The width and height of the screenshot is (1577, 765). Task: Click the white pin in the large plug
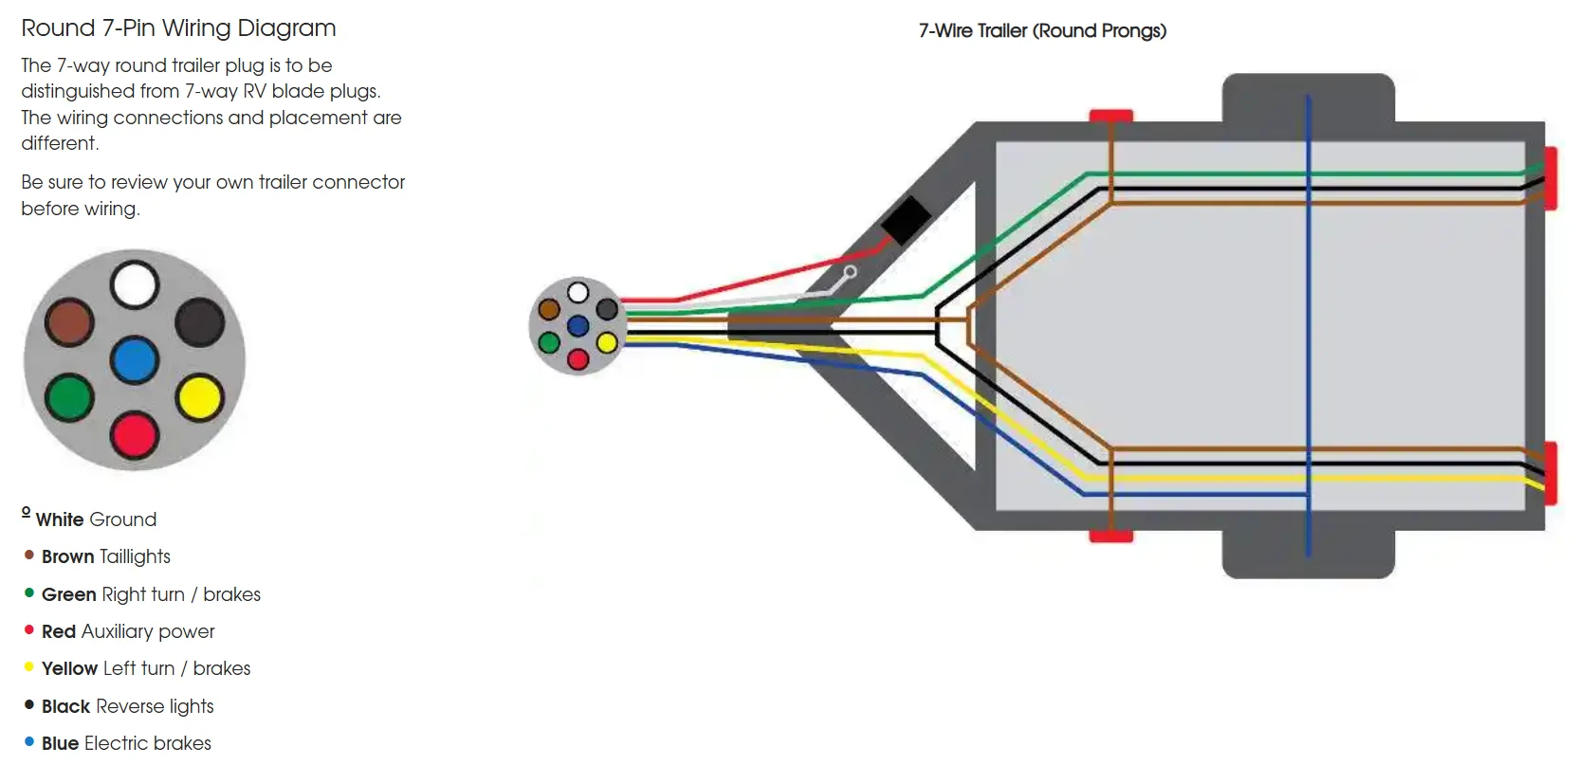(x=135, y=284)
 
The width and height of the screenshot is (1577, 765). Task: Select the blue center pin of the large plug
(x=134, y=360)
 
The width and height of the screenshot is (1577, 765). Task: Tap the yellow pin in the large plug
(x=200, y=397)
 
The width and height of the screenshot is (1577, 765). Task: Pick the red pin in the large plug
(x=134, y=436)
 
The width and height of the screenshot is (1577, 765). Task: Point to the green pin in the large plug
(x=69, y=397)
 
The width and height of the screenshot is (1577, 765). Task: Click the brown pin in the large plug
(x=69, y=322)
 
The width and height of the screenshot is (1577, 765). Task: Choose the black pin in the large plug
(x=200, y=322)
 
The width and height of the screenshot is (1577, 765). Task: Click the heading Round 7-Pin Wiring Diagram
(x=179, y=28)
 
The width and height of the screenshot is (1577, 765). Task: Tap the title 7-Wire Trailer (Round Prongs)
(x=1043, y=31)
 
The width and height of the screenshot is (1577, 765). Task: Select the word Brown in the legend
(x=67, y=556)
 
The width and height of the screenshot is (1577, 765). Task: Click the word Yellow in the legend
(x=69, y=668)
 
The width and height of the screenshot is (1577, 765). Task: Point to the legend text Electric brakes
(x=148, y=743)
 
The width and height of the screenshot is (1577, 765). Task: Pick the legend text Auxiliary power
(x=148, y=632)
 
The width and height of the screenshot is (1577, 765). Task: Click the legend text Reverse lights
(x=155, y=706)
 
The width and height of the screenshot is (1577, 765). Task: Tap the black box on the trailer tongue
(x=906, y=220)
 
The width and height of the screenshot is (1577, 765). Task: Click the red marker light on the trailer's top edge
(x=1111, y=116)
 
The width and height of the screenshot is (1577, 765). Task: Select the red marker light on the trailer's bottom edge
(x=1111, y=537)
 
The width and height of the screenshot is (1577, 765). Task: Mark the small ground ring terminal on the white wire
(x=851, y=272)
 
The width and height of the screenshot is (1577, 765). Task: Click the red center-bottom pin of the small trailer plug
(x=578, y=359)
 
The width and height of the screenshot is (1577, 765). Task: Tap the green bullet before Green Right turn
(x=28, y=592)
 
